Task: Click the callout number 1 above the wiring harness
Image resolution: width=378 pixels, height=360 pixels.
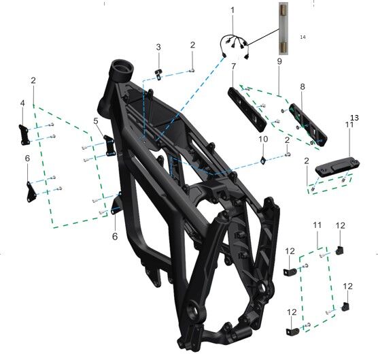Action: point(233,10)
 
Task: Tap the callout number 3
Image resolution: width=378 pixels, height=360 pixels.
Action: point(158,47)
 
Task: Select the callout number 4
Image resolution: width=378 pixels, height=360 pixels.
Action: point(22,103)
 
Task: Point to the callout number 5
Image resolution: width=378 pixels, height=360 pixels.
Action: point(96,121)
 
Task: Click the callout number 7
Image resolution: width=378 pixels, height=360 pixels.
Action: point(233,66)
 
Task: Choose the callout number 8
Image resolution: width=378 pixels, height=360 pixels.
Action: point(303,86)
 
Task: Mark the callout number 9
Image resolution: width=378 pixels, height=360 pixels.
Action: point(279,61)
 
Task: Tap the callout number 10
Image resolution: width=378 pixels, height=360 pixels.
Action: point(263,139)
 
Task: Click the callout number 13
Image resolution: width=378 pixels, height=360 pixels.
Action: point(355,118)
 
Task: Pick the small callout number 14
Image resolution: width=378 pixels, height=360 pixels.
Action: point(303,37)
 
